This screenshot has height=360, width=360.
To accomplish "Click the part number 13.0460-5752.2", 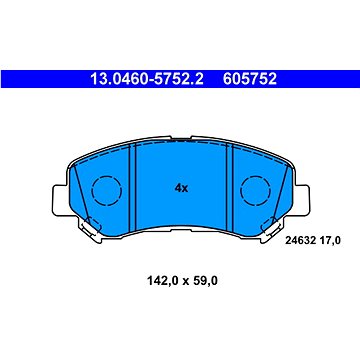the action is pos(147,79).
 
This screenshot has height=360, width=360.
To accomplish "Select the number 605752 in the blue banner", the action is pos(250,79).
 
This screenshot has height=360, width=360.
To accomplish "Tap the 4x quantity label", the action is pos(181,188).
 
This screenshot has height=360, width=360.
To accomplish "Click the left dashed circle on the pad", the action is pos(107,191).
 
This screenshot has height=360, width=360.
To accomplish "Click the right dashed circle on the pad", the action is pos(255,191).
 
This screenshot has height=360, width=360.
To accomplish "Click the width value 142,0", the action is pos(160,281).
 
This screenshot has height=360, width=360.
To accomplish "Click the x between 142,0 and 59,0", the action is pos(183,282).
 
